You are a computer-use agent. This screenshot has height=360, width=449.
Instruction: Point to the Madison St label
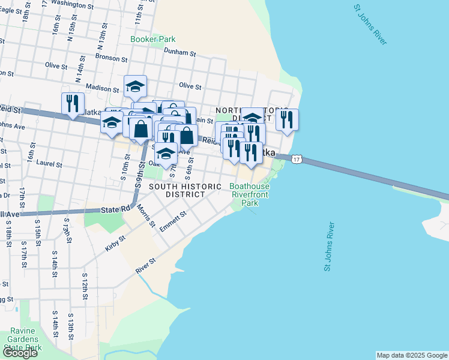pyautogui.click(x=99, y=88)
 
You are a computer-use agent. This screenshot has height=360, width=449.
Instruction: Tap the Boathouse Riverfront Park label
pyautogui.click(x=249, y=194)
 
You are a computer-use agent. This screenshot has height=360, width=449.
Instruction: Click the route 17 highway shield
pyautogui.click(x=297, y=159)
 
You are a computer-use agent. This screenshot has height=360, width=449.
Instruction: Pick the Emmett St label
pyautogui.click(x=173, y=223)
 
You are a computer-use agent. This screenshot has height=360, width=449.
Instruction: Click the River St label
pyautogui.click(x=146, y=266)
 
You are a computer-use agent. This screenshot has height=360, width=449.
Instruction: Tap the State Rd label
pyautogui.click(x=116, y=209)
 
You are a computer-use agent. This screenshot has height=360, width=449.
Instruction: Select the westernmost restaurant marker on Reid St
pyautogui.click(x=71, y=104)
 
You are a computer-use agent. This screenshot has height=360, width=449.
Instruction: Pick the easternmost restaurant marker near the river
pyautogui.click(x=287, y=119)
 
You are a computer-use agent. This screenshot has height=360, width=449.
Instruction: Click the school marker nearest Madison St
pyautogui.click(x=136, y=86)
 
